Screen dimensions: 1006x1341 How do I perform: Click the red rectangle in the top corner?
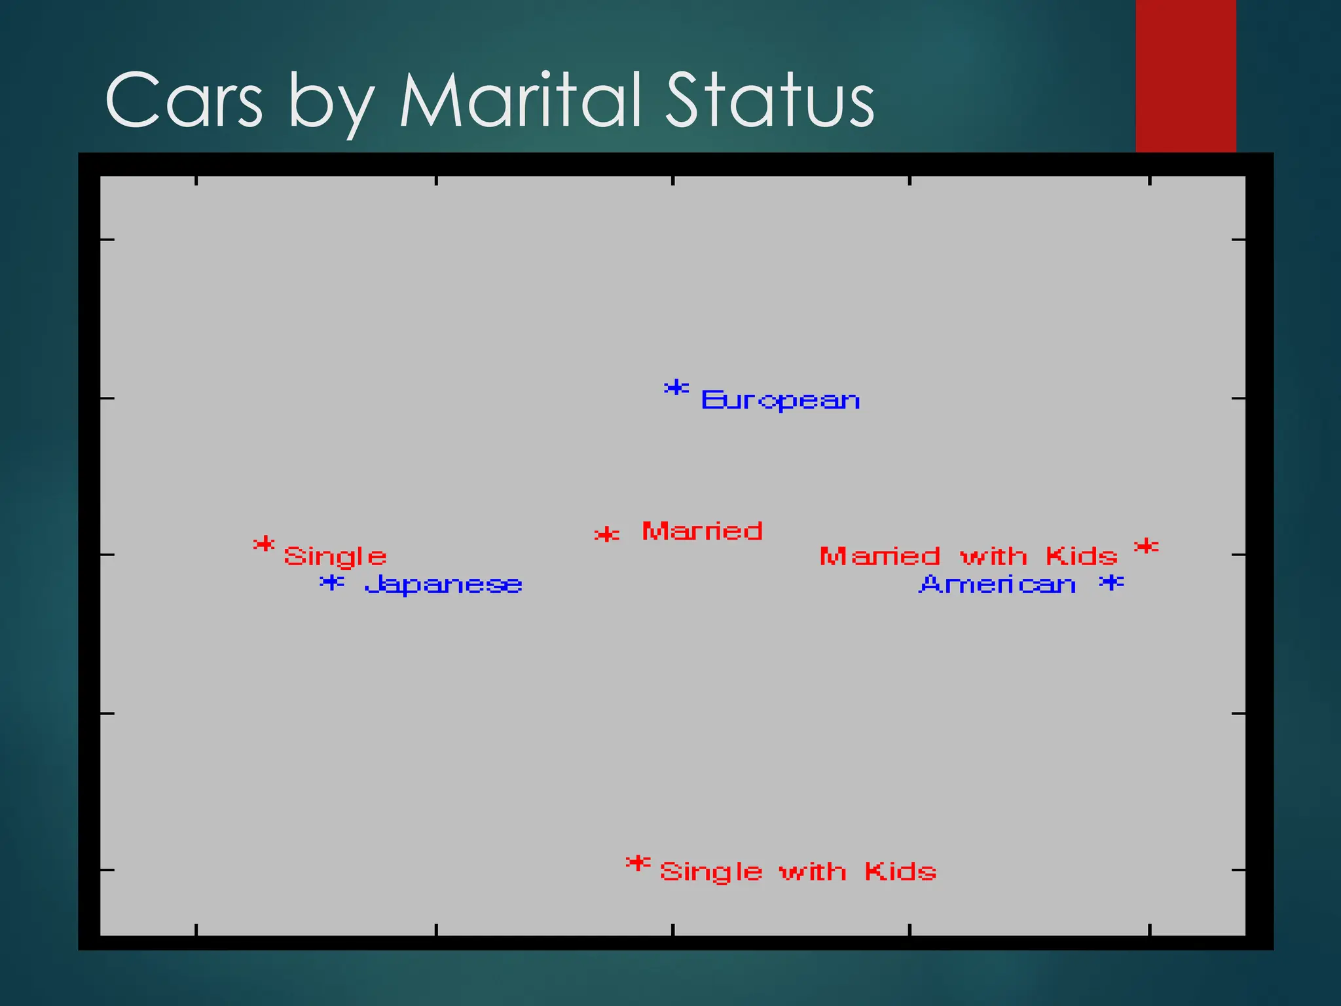coord(1185,75)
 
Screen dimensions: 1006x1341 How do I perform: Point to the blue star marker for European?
coord(676,388)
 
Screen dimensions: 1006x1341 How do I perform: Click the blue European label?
coord(781,400)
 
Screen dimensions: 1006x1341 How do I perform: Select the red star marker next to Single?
coord(264,544)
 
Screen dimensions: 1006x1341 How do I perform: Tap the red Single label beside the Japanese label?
coord(335,557)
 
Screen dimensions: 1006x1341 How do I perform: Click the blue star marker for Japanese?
coord(332,582)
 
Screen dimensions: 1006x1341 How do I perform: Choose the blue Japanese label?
coord(443,584)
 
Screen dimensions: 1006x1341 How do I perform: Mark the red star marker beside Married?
coord(607,535)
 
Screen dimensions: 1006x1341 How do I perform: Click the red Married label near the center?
coord(702,531)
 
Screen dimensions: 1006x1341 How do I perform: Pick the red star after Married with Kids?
coord(1147,546)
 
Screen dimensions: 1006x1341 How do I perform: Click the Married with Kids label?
coord(968,557)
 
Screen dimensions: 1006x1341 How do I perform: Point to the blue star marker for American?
coord(1112,582)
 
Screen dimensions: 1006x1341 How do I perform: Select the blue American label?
coord(998,584)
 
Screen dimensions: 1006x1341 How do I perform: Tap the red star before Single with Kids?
coord(638,864)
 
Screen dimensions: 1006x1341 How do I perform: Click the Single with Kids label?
coord(798,872)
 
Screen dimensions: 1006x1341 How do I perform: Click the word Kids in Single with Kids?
coord(900,872)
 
